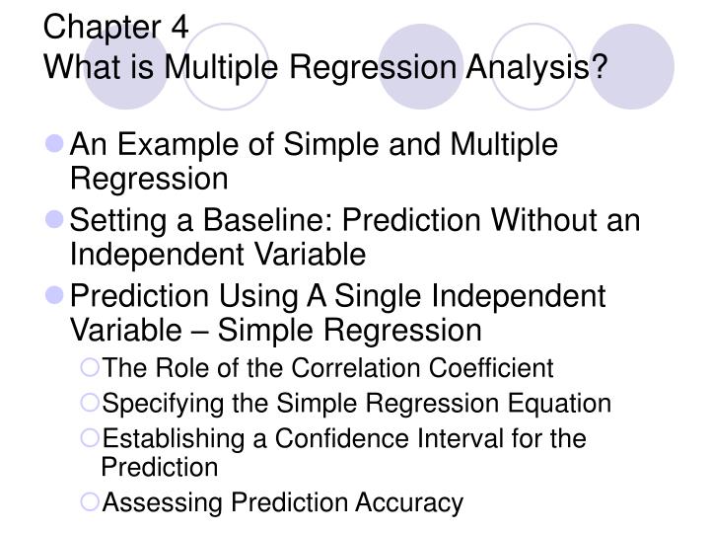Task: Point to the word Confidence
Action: pos(296,437)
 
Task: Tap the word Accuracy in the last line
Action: pos(408,503)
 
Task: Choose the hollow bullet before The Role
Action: pos(93,369)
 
